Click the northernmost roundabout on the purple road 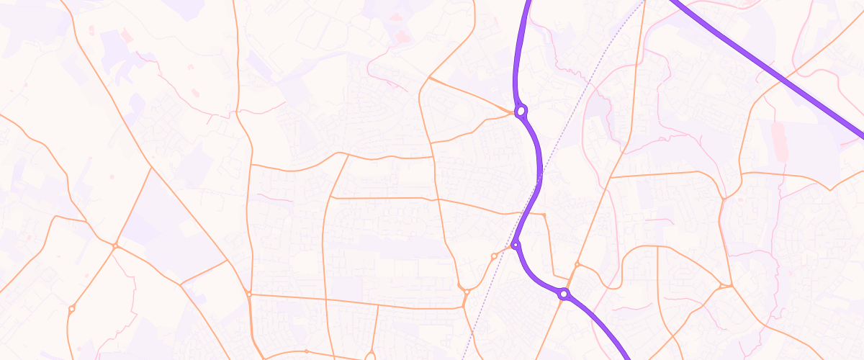[x=521, y=112]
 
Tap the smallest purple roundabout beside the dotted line [x=516, y=246]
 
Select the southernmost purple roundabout [x=564, y=294]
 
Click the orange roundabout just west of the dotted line [x=494, y=256]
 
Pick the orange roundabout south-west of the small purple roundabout [x=466, y=291]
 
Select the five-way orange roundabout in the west [x=115, y=246]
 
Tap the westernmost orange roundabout [x=71, y=309]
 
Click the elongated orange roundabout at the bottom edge [x=370, y=356]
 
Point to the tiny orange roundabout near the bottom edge [x=306, y=351]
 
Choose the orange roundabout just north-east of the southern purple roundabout [x=577, y=264]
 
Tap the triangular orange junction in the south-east [x=724, y=287]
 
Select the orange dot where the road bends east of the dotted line [x=545, y=215]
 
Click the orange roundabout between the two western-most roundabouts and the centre [x=248, y=294]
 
